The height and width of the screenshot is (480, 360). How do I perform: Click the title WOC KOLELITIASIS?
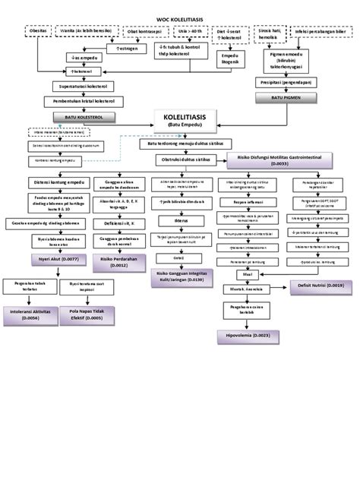click(180, 17)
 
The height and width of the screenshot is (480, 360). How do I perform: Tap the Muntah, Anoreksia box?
click(243, 289)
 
